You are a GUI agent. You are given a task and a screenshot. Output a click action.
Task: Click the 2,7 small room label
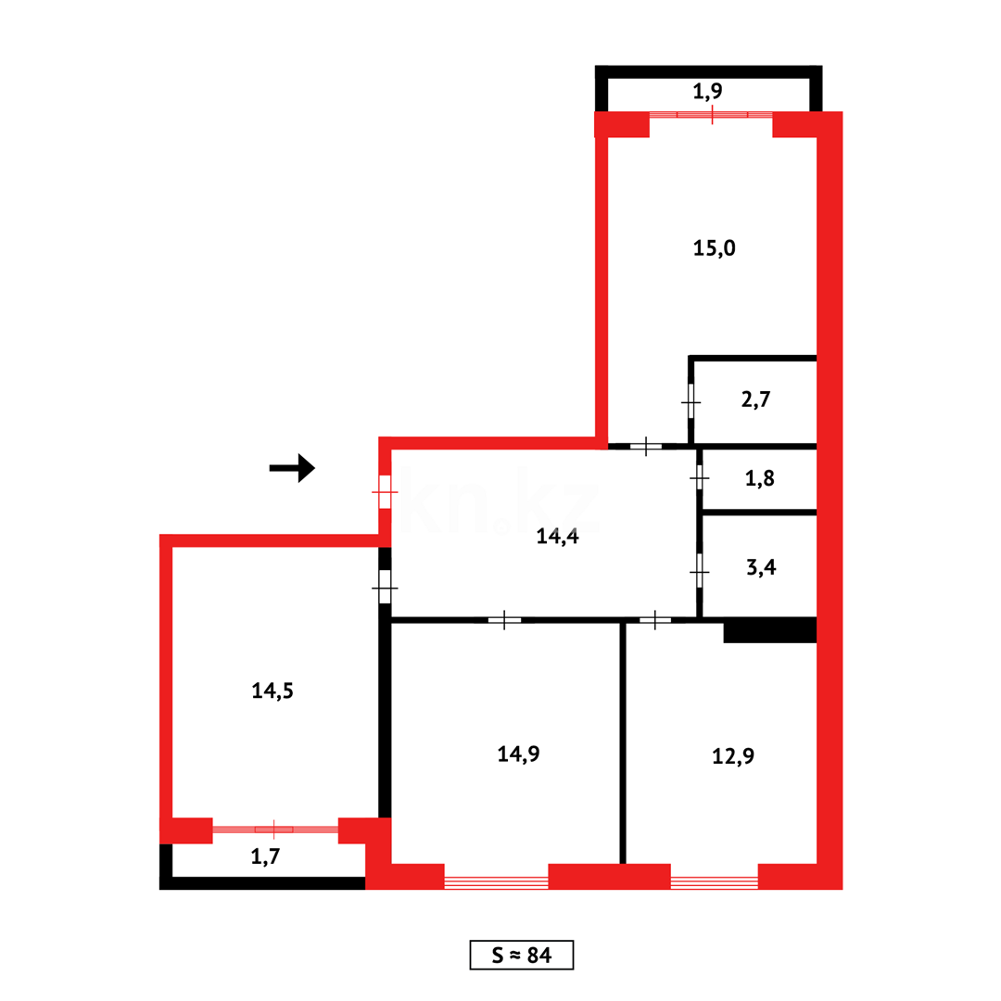(756, 400)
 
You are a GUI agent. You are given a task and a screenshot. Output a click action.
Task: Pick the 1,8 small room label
(759, 479)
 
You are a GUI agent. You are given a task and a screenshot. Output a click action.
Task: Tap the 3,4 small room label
(761, 568)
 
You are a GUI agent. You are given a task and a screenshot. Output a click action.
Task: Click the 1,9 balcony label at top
(712, 91)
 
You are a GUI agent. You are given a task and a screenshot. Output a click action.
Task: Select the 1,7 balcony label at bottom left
(265, 857)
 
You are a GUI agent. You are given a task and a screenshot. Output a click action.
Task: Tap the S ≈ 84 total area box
(522, 955)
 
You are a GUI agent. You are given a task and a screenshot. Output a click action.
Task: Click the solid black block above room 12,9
(769, 631)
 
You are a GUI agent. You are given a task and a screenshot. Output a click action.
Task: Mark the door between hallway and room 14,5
(385, 588)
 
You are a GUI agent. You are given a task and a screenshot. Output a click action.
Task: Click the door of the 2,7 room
(691, 402)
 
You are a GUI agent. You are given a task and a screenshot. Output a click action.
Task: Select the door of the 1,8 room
(700, 478)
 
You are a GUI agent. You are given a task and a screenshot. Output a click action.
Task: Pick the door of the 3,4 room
(700, 572)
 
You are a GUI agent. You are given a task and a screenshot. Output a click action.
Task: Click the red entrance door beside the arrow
(385, 491)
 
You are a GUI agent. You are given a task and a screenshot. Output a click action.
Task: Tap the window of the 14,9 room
(496, 881)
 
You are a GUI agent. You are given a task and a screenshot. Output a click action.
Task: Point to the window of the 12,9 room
(714, 881)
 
